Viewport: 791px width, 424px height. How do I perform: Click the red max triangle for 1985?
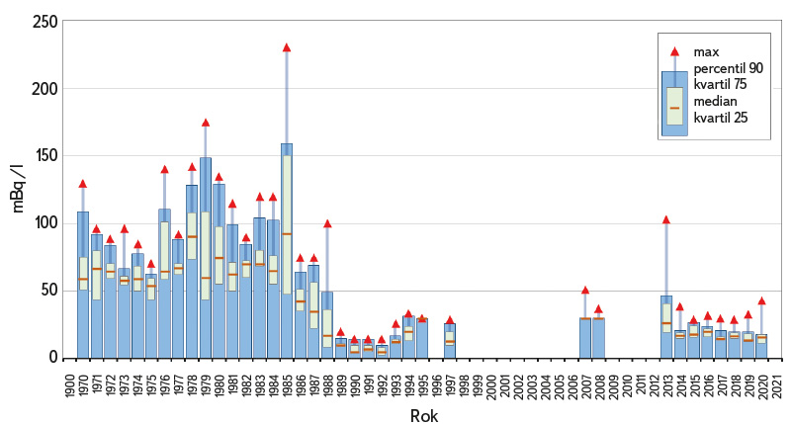click(287, 47)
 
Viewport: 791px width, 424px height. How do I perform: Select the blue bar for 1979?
click(206, 257)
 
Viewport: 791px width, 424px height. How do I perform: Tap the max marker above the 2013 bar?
click(666, 219)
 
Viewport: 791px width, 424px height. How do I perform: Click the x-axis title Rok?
click(423, 416)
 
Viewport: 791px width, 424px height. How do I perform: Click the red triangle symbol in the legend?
click(674, 51)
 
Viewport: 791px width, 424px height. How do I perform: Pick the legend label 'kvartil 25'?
click(721, 119)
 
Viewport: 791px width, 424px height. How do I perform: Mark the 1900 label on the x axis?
click(69, 381)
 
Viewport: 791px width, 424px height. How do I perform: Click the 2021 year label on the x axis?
click(778, 381)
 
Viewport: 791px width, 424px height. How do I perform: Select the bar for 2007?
click(584, 337)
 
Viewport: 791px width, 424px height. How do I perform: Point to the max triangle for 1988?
click(327, 224)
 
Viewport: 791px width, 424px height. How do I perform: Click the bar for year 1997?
click(450, 340)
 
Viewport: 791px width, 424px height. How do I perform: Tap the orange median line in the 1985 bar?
click(287, 234)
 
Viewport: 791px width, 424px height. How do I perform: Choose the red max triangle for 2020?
click(761, 300)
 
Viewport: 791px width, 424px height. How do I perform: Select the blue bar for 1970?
click(83, 287)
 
